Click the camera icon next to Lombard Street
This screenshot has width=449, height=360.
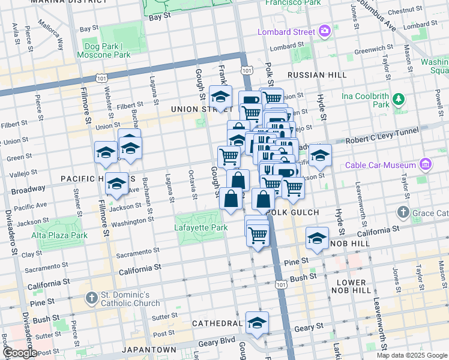click(325, 31)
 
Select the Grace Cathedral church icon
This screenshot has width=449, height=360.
click(403, 212)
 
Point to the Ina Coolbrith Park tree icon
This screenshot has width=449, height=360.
click(397, 98)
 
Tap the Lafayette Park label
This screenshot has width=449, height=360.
click(201, 228)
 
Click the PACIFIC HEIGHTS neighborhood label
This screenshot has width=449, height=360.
click(89, 179)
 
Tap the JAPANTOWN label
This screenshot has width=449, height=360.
click(149, 349)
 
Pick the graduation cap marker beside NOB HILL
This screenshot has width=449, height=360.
click(317, 238)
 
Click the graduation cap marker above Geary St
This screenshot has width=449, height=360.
click(257, 322)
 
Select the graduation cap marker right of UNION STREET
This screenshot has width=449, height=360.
click(221, 96)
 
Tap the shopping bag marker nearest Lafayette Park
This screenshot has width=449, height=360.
click(231, 198)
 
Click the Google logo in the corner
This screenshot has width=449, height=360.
click(19, 353)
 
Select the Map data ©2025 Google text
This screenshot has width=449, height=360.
click(412, 355)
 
